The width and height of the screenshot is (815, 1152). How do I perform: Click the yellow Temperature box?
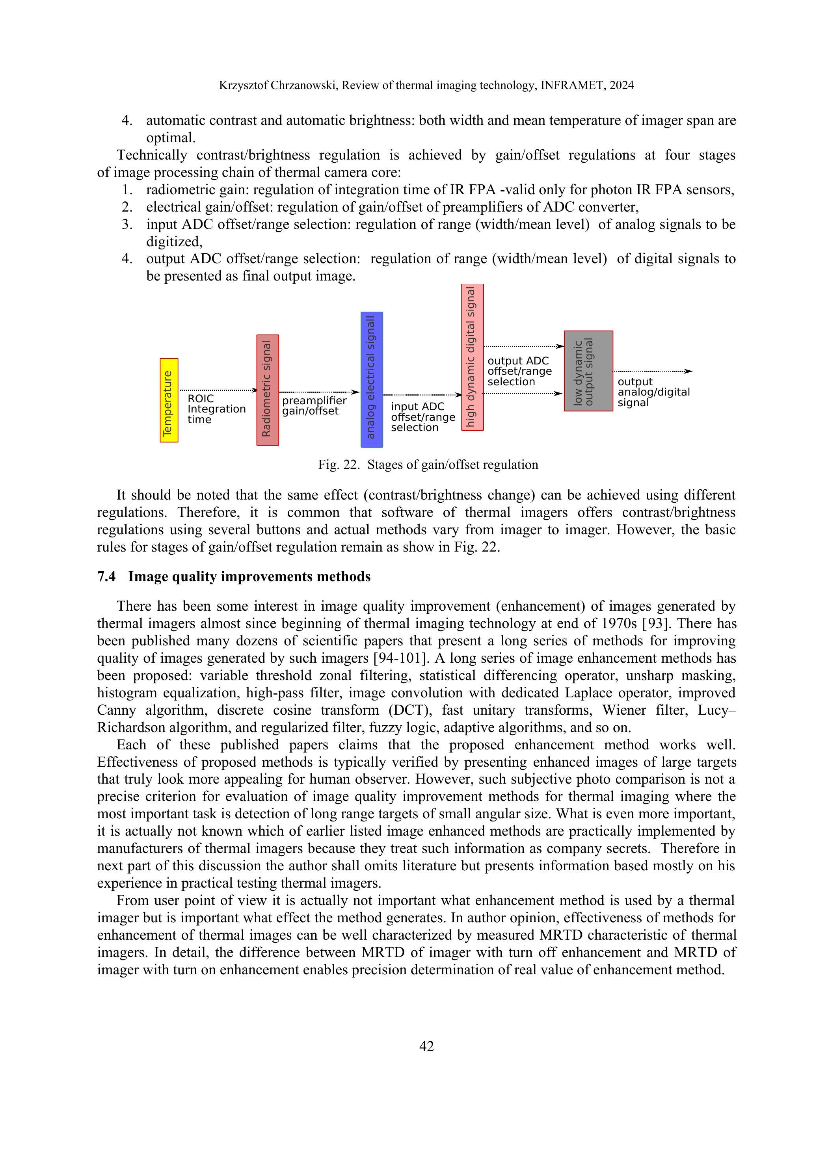click(169, 400)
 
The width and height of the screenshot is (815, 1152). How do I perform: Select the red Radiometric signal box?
click(268, 390)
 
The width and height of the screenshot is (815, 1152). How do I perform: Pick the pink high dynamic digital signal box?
click(472, 357)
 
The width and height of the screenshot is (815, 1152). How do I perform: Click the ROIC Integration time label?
click(216, 409)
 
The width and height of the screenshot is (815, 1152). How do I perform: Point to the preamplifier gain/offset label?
click(314, 406)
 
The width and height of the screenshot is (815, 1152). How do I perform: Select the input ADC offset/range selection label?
click(423, 417)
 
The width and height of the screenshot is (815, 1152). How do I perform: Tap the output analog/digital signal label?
click(653, 392)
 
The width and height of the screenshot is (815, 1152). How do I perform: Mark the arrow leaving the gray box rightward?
click(652, 371)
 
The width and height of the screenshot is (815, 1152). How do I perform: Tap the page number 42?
click(426, 1046)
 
